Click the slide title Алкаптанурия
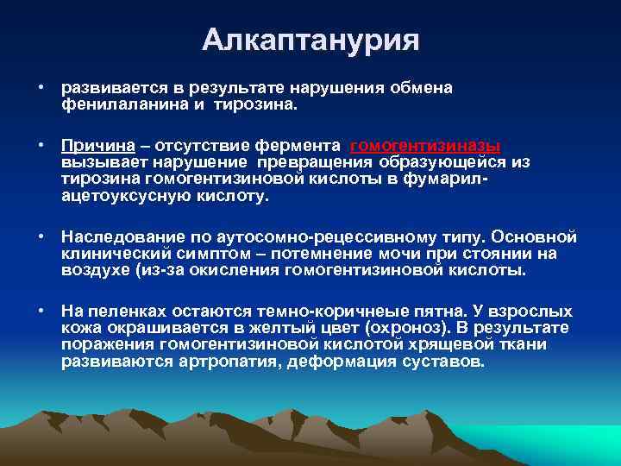pyautogui.click(x=310, y=40)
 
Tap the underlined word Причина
pyautogui.click(x=95, y=146)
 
